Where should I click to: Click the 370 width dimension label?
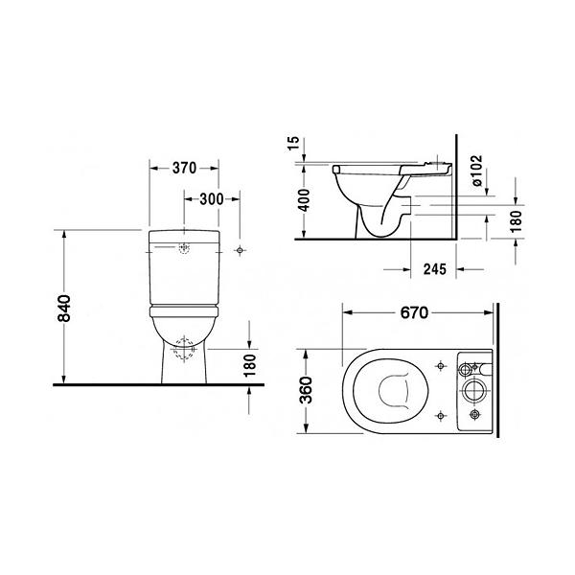tap(184, 168)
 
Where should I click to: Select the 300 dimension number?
tap(212, 199)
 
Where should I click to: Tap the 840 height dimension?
tap(64, 308)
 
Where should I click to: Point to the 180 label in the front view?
tap(250, 365)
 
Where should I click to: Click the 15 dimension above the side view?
tap(293, 143)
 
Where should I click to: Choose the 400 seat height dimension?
tap(304, 200)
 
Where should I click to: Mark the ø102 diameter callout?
tap(476, 171)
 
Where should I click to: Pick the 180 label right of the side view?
tap(516, 221)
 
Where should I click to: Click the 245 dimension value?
tap(435, 269)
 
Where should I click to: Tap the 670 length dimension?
tap(414, 312)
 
